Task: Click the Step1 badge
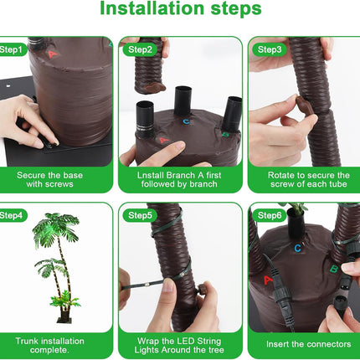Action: pos(13,49)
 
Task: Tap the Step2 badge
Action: pos(140,49)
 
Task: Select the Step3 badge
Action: pos(270,49)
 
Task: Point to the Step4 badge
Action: pos(13,215)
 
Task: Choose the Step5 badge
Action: pos(140,215)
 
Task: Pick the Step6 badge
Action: pos(270,215)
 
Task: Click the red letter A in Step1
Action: pos(52,54)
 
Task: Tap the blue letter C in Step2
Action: pos(186,121)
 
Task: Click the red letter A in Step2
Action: pos(164,140)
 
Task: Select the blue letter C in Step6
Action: pos(298,248)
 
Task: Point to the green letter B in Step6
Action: pos(333,270)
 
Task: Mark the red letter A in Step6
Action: pos(268,280)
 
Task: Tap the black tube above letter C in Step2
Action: pos(183,100)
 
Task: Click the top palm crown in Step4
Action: pos(56,226)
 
